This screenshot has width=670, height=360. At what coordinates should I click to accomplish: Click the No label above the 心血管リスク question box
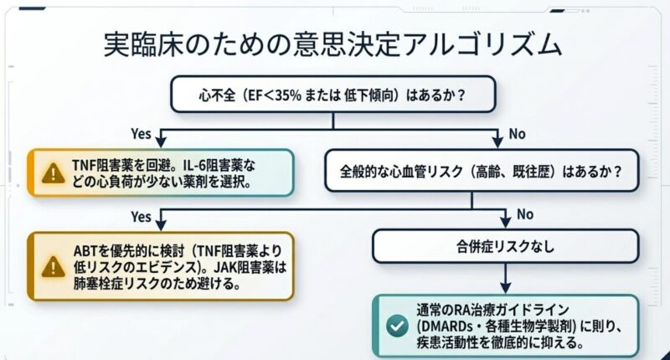click(518, 133)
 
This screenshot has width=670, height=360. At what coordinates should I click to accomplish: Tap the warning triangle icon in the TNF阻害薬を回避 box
click(53, 173)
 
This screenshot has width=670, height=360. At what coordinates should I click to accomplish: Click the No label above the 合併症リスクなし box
click(524, 214)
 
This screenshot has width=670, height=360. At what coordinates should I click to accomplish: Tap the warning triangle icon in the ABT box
click(53, 266)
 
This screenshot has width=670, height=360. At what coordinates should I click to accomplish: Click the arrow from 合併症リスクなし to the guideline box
click(505, 278)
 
